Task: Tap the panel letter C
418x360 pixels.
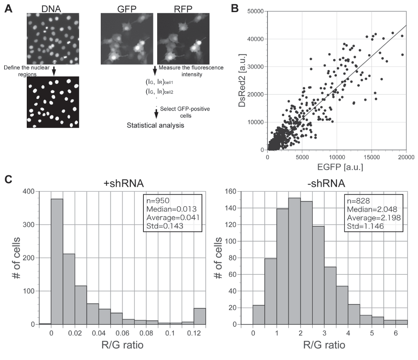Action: (x=8, y=180)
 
